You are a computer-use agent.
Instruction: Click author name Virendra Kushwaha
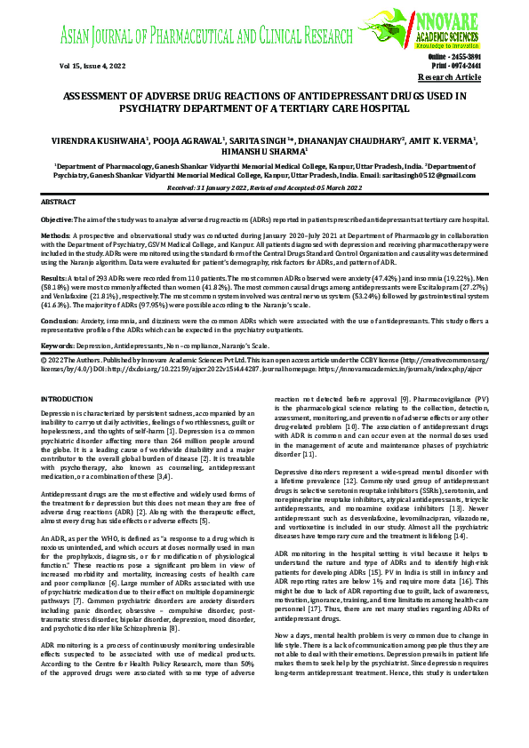[106, 140]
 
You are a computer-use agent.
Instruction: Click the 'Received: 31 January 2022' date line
[222, 188]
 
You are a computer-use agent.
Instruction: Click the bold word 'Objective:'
[58, 219]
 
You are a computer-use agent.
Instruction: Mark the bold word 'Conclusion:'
[60, 319]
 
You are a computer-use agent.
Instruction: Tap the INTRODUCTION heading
[68, 400]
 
